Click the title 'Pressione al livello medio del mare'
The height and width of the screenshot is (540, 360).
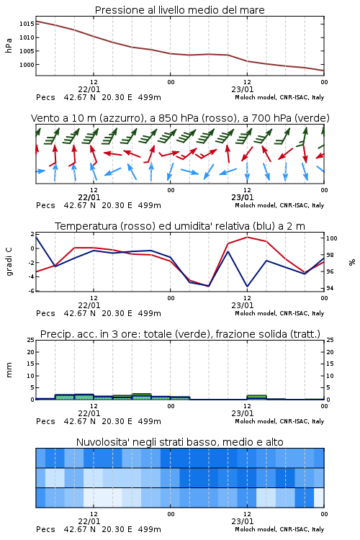coord(179,10)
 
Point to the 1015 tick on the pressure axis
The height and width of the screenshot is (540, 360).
coord(27,24)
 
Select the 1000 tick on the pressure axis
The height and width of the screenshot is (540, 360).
coord(27,65)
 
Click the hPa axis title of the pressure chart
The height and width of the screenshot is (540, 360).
coord(9,45)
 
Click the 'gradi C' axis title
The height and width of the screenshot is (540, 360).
coord(9,262)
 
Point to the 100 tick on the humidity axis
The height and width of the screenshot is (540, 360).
coord(331,238)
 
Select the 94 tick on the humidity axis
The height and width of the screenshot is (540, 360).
coord(330,288)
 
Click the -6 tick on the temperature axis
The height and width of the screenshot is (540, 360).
coord(32,291)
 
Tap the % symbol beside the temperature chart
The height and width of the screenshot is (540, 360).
coord(352,262)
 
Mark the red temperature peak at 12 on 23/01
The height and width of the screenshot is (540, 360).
coord(247,237)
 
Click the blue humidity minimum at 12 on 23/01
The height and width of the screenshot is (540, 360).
coord(247,286)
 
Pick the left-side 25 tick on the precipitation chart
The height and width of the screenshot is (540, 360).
coord(31,341)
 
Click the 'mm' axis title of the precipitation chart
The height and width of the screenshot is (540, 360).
coord(9,370)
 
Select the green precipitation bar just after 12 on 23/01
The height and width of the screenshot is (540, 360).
coord(256,397)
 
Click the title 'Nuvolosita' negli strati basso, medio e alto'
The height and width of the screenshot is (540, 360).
coord(179,442)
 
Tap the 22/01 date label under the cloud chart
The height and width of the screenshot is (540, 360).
coord(89,521)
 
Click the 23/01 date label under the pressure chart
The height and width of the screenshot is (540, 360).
coord(242,89)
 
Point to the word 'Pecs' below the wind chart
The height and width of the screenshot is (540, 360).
coord(45,206)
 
